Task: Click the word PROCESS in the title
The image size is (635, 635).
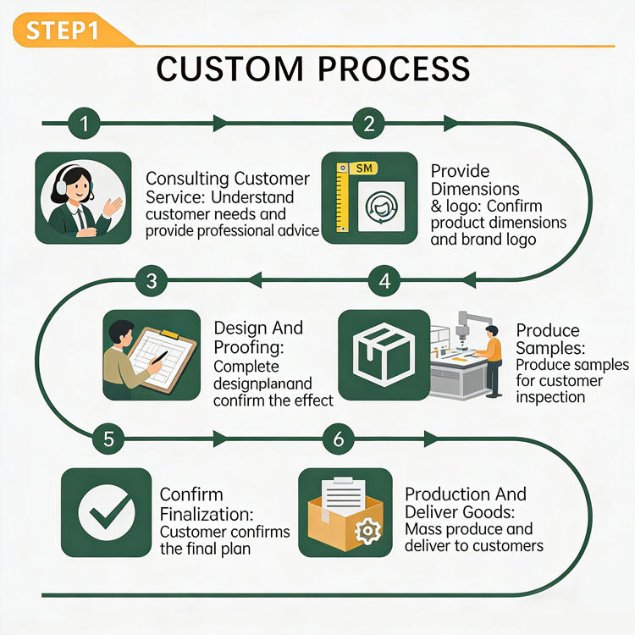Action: point(394,69)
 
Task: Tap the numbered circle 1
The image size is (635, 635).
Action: point(84,123)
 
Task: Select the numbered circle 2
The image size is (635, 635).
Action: point(368,123)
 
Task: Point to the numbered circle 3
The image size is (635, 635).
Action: point(152,280)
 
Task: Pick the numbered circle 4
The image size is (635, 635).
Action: point(384,280)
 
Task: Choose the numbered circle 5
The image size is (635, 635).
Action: point(108,439)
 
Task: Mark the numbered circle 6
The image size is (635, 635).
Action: point(339,439)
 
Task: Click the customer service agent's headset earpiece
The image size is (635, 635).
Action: point(62,186)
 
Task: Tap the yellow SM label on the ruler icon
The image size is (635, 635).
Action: point(364,168)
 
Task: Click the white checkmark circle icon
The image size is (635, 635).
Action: point(107,512)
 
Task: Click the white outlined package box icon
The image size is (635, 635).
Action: point(384,355)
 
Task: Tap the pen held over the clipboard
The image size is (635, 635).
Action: point(159,357)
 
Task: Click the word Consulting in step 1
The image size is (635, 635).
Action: point(187,179)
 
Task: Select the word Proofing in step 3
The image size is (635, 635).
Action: point(249,347)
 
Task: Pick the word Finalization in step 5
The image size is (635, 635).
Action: point(207,514)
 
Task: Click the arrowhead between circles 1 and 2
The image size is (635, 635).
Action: point(221,123)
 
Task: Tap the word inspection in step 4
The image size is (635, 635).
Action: point(550,398)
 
